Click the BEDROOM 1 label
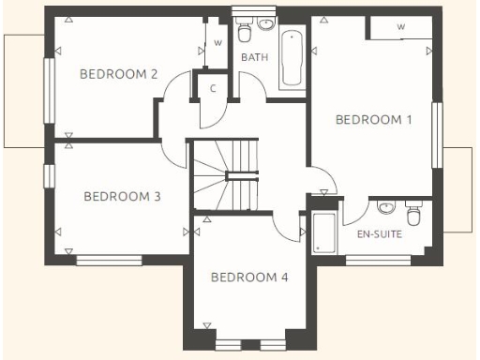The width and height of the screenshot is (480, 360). (374, 119)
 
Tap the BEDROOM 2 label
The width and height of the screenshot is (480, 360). (117, 74)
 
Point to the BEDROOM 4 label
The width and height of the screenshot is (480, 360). (249, 277)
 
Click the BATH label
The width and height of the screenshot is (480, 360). (254, 57)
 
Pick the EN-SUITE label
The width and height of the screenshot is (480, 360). (380, 233)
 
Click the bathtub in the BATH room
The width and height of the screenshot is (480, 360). (292, 58)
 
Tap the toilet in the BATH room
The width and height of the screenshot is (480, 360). (244, 33)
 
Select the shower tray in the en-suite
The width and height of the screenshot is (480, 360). (324, 233)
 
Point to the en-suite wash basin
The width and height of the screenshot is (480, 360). (385, 207)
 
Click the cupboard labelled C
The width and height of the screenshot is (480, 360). (214, 88)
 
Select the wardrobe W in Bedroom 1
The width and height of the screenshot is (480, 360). (400, 27)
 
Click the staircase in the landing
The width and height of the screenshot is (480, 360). (226, 176)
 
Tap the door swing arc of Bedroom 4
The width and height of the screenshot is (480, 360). (282, 225)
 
